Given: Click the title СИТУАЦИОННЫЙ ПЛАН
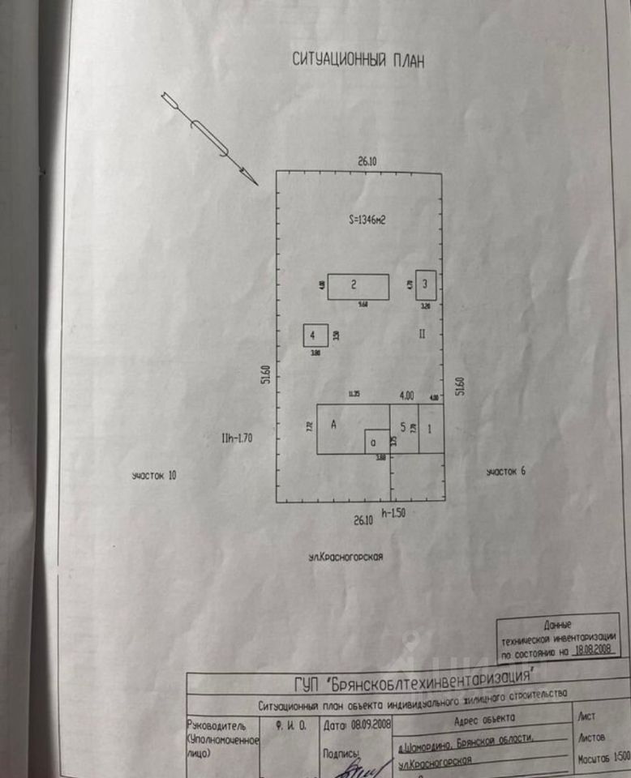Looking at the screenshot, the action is tap(358, 62).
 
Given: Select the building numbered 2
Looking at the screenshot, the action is tap(358, 286).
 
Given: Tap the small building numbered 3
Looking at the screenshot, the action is tap(426, 284).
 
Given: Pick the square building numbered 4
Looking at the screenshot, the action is tap(315, 335).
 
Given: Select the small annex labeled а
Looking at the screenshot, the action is tap(375, 442).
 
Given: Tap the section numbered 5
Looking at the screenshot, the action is tap(403, 426).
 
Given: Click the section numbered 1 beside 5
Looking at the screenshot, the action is tap(430, 427).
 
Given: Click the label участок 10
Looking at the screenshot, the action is tap(154, 476).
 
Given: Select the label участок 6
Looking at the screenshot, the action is tap(505, 472).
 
